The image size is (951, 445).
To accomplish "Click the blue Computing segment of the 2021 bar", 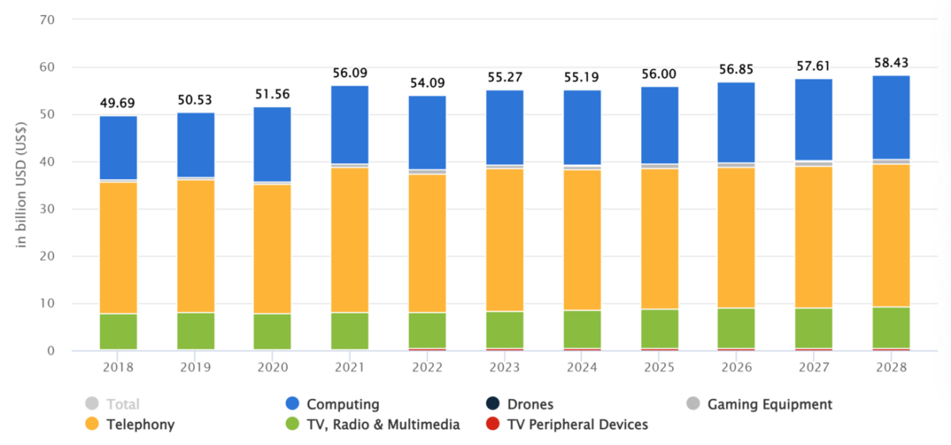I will [349, 125].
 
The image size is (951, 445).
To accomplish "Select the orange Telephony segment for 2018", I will [118, 247].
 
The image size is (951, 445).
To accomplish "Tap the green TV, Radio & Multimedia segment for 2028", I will [891, 327].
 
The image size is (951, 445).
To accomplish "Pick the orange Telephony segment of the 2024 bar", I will [582, 240].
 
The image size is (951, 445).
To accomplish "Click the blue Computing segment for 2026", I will [736, 122].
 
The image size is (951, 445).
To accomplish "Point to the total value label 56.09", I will [349, 73].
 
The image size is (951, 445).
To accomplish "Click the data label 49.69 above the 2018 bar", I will [118, 103].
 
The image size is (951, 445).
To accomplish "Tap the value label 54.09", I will [427, 82].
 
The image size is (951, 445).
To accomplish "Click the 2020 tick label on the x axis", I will [273, 368].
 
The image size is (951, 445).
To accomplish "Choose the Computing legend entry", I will [342, 405].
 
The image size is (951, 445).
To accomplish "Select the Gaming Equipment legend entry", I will [769, 405].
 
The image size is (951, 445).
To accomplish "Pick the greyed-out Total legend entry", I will [121, 405].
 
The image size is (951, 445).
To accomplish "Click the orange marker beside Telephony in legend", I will [92, 424].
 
